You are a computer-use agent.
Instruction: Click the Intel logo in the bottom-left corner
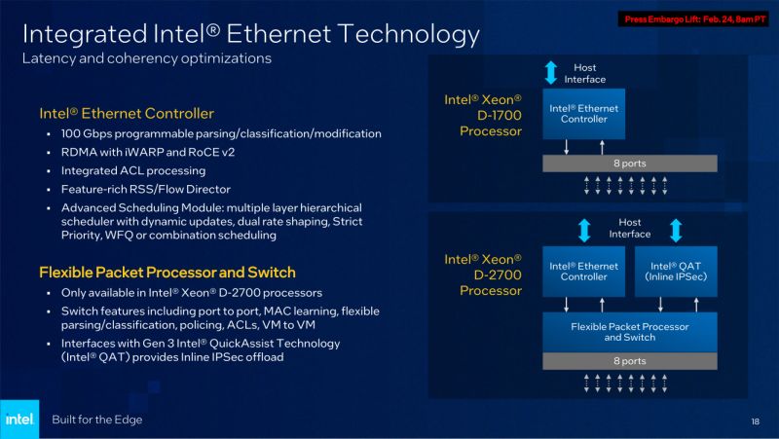point(19,419)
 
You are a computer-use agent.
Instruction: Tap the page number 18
point(755,421)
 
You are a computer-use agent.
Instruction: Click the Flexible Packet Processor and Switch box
point(629,331)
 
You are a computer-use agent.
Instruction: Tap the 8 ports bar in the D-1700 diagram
point(629,164)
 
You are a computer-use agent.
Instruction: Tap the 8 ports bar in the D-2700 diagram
point(629,361)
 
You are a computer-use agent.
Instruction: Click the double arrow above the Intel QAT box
point(675,231)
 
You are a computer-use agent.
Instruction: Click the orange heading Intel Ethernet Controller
point(127,114)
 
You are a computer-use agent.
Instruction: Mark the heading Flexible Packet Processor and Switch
point(167,272)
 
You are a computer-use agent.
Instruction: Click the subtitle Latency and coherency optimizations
point(146,58)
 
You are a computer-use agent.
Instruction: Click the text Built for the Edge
point(97,420)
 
